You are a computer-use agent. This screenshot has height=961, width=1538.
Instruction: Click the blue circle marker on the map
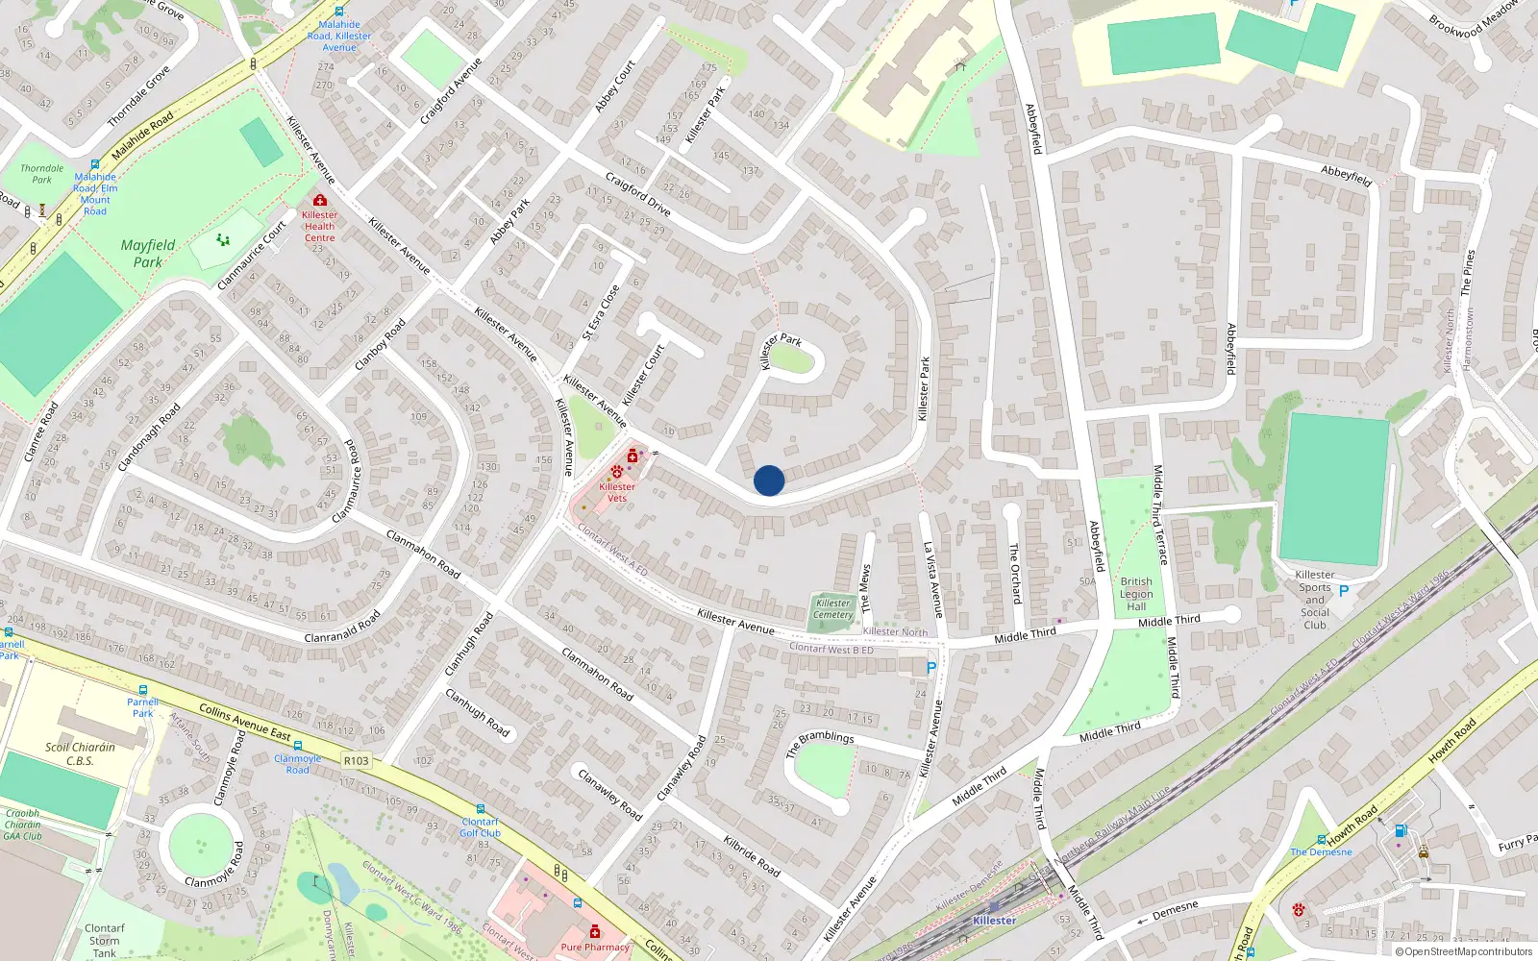769,480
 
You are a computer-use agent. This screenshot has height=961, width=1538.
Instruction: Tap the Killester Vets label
617,492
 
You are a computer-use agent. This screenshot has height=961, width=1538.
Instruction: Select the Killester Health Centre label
319,227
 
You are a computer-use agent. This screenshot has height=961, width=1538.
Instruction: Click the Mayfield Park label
148,253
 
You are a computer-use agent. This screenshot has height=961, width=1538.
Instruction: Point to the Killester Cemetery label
832,609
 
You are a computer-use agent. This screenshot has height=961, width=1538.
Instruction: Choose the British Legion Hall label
1136,594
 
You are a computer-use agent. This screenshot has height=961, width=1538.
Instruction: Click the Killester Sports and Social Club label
1315,600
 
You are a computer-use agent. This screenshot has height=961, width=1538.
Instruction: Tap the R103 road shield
356,760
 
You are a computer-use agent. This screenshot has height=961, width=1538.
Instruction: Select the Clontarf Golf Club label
481,827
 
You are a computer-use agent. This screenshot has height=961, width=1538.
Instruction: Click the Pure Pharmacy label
595,947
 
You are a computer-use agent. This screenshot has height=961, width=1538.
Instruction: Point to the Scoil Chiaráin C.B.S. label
80,753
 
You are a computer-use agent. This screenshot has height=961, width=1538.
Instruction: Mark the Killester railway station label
994,920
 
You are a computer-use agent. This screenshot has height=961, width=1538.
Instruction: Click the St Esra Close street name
601,312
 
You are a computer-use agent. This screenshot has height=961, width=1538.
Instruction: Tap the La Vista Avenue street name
933,579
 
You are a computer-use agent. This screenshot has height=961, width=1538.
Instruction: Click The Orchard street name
1015,573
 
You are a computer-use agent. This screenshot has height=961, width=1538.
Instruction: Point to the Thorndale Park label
42,174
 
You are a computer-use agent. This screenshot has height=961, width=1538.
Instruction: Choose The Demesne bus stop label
1321,852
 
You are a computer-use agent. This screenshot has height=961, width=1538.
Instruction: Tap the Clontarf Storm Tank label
105,941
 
